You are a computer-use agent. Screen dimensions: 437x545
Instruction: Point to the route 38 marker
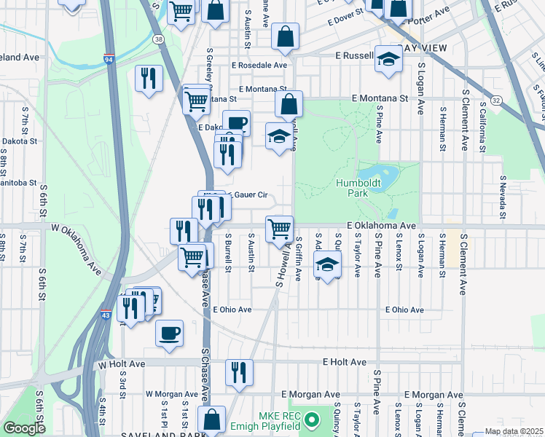(159, 38)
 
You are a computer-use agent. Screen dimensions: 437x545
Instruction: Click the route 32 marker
(495, 99)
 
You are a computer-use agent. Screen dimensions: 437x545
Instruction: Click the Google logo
(23, 429)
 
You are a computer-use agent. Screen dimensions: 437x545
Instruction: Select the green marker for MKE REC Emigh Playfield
(312, 420)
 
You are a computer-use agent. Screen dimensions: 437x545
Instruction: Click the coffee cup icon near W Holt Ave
(170, 333)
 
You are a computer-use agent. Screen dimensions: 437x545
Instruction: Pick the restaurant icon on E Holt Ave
(239, 372)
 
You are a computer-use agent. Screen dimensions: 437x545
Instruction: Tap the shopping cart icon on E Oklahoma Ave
(280, 228)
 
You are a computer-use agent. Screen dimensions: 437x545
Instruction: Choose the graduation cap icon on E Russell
(389, 58)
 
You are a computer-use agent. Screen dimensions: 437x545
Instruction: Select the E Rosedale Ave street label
(260, 65)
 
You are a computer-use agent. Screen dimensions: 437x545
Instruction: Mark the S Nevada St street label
(503, 197)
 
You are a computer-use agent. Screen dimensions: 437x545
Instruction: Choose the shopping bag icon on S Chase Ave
(211, 420)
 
